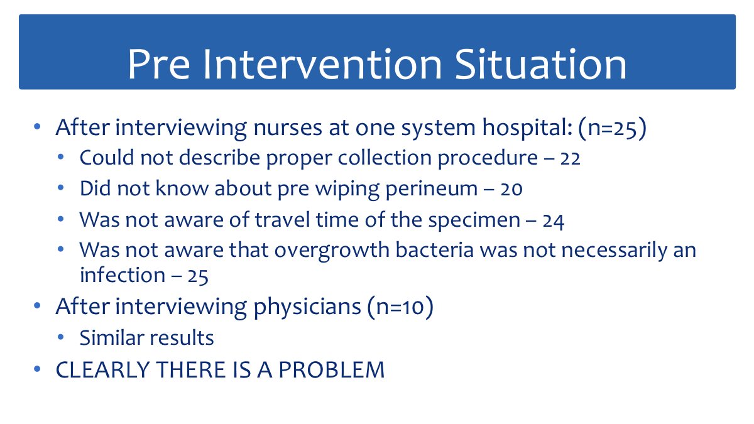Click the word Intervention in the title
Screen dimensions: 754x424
click(x=322, y=64)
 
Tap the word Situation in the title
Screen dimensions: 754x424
click(x=541, y=64)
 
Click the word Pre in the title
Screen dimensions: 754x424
click(x=159, y=64)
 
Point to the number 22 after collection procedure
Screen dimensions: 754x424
click(x=571, y=158)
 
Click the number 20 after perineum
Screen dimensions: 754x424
click(x=511, y=189)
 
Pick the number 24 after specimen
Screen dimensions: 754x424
click(x=553, y=221)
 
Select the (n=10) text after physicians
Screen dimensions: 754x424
click(x=400, y=307)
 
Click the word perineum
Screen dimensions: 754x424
click(x=432, y=189)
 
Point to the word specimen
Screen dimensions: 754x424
click(x=474, y=220)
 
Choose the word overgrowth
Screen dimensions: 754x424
click(x=332, y=251)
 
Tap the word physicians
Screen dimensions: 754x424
click(x=307, y=307)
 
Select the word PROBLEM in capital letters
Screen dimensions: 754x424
click(x=332, y=370)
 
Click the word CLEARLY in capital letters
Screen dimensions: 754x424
click(x=102, y=370)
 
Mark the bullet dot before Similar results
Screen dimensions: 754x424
click(x=60, y=337)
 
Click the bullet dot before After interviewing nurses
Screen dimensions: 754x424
click(x=37, y=126)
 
